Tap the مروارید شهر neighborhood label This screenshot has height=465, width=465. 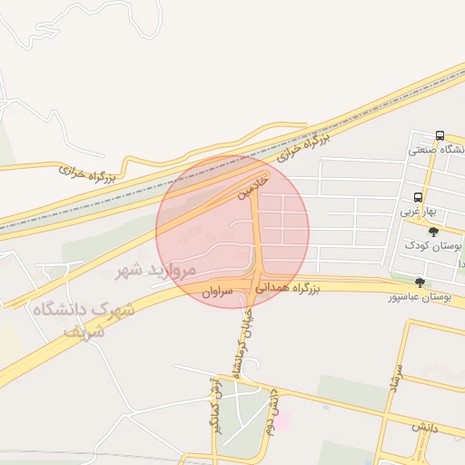click(x=156, y=270)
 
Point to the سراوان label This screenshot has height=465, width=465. click(x=218, y=292)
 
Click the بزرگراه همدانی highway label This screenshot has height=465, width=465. click(x=288, y=289)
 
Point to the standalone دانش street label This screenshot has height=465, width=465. click(x=422, y=428)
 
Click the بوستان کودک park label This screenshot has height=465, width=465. click(x=433, y=246)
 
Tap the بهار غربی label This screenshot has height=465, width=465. click(x=421, y=212)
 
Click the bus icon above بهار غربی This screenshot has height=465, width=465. click(x=418, y=196)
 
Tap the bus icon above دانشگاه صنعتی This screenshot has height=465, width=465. click(x=440, y=135)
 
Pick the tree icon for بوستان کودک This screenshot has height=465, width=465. click(x=433, y=232)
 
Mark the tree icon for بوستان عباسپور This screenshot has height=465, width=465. click(x=419, y=282)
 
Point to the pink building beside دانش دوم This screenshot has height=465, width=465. click(x=282, y=420)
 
